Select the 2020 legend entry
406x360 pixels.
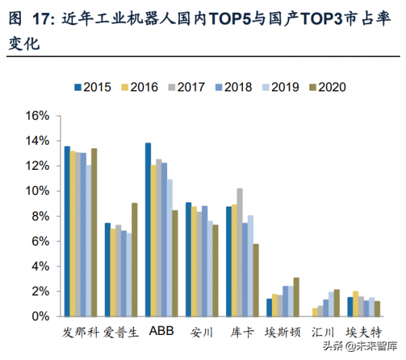click(x=327, y=87)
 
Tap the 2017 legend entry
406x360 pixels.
click(x=187, y=87)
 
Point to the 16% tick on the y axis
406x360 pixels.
click(x=37, y=116)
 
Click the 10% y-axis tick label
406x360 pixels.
click(x=37, y=192)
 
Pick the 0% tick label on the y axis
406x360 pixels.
click(x=40, y=317)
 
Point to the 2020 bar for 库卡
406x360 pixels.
click(x=256, y=280)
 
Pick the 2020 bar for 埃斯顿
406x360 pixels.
click(x=296, y=297)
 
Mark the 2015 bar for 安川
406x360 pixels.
click(x=189, y=260)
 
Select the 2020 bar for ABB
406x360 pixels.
click(x=175, y=263)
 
